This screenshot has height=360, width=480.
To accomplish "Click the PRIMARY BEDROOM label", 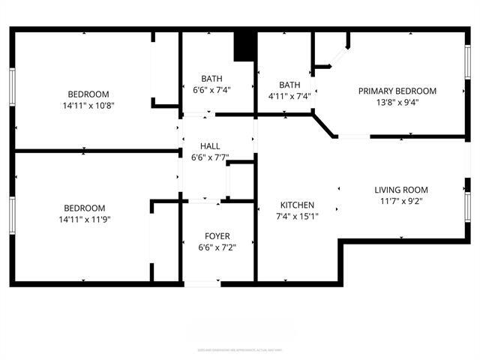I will pos(397,91).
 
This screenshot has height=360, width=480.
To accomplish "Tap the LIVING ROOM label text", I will pos(400,190).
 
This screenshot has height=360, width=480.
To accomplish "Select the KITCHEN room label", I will pos(297,205).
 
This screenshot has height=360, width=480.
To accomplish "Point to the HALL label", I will pos(209,145).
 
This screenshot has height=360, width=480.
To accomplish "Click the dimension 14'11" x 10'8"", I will pos(88,106).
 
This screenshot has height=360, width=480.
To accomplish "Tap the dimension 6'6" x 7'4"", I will pos(211,90).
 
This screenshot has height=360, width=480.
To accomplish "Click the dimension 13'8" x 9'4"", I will pos(397,103).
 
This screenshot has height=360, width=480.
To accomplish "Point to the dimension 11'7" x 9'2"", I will pos(400,202).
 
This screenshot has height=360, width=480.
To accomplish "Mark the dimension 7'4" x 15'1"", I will pos(297,217).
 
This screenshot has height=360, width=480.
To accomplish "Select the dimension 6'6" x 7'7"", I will pos(209,157).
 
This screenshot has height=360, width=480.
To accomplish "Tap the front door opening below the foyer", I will pos(202,283).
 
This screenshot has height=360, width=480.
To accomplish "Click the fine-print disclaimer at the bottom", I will pos(239,349).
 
